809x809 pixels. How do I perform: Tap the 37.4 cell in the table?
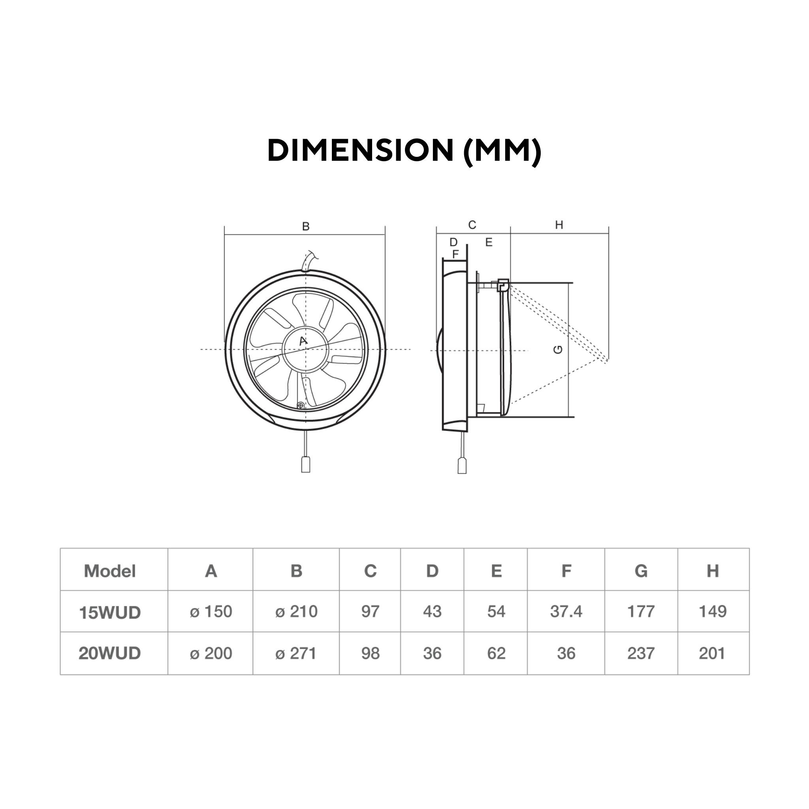[x=566, y=612]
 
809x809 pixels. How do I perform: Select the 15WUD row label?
[x=110, y=613]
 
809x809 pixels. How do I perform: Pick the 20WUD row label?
[x=110, y=653]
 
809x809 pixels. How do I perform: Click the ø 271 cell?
[x=295, y=653]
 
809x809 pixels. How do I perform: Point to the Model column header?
[x=110, y=571]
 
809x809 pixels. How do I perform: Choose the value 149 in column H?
[x=713, y=612]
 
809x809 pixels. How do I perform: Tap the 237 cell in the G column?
[x=641, y=653]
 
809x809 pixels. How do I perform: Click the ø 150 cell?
[x=211, y=612]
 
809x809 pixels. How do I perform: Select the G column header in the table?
[x=641, y=571]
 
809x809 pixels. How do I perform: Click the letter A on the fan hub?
[x=304, y=341]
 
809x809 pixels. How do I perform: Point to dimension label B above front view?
[x=306, y=226]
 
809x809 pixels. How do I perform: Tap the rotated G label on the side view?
[x=558, y=350]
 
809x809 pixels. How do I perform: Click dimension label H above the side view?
[x=559, y=225]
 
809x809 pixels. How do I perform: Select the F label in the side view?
[x=455, y=254]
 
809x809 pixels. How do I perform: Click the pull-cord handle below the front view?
[x=306, y=465]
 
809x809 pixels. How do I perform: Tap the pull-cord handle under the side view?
[x=462, y=466]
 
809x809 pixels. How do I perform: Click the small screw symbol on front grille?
[x=300, y=405]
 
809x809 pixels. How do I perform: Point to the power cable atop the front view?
[x=307, y=262]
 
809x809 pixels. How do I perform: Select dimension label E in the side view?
[x=489, y=242]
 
